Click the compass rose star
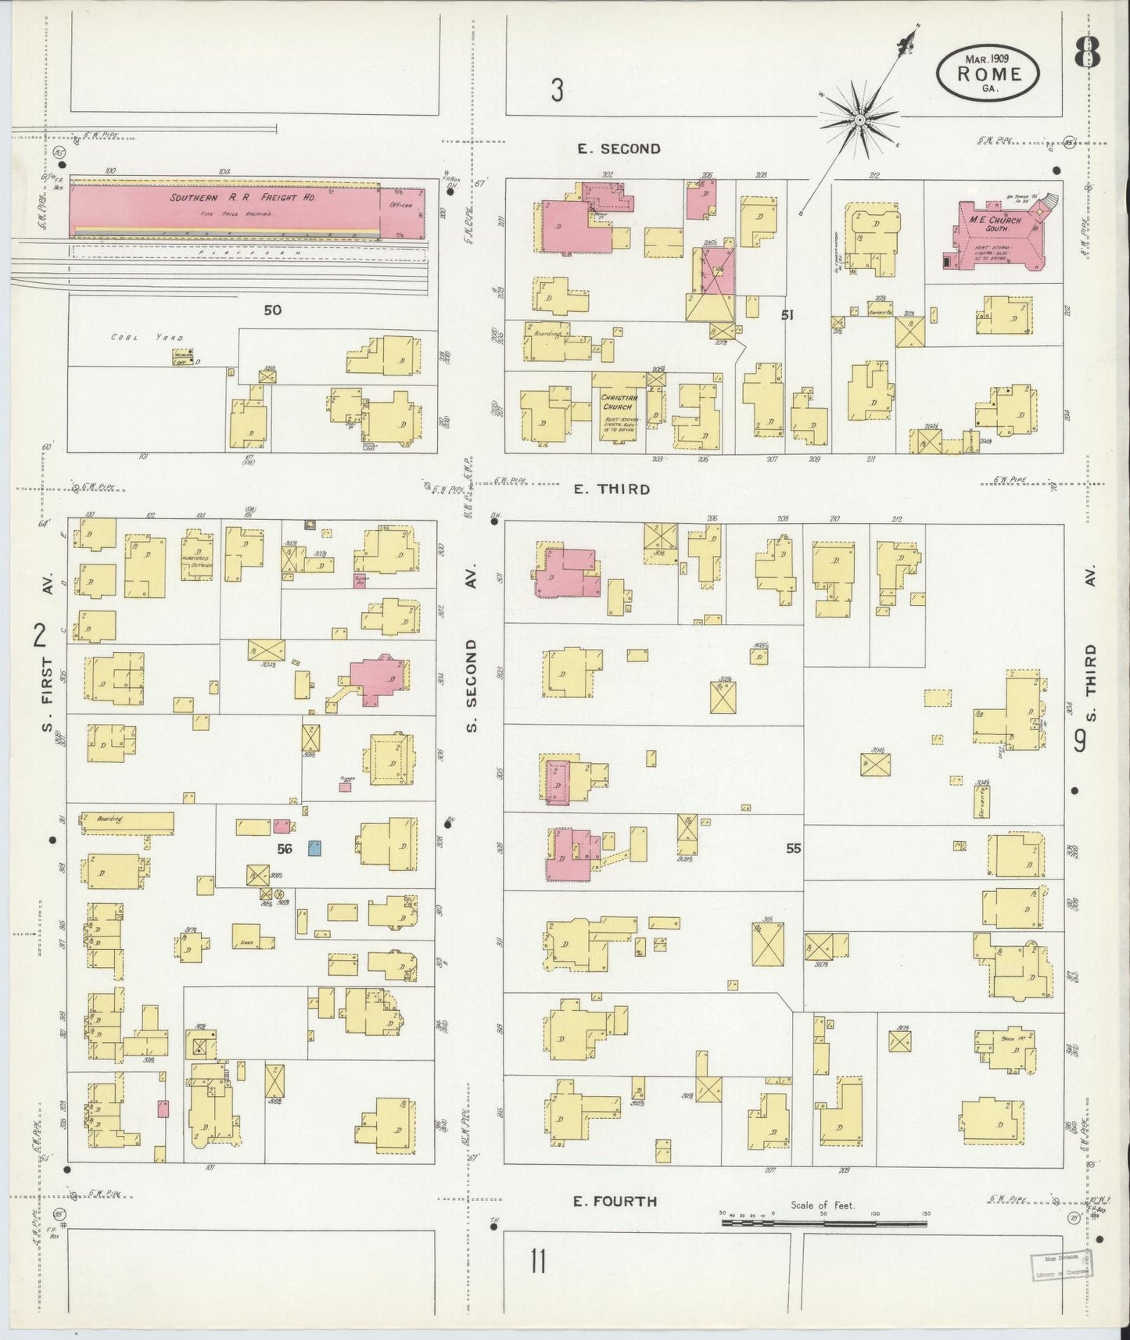[859, 120]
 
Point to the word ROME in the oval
[989, 74]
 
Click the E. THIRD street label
[612, 489]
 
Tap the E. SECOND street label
[619, 149]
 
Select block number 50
[272, 310]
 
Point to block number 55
[794, 848]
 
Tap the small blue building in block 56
[314, 849]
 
